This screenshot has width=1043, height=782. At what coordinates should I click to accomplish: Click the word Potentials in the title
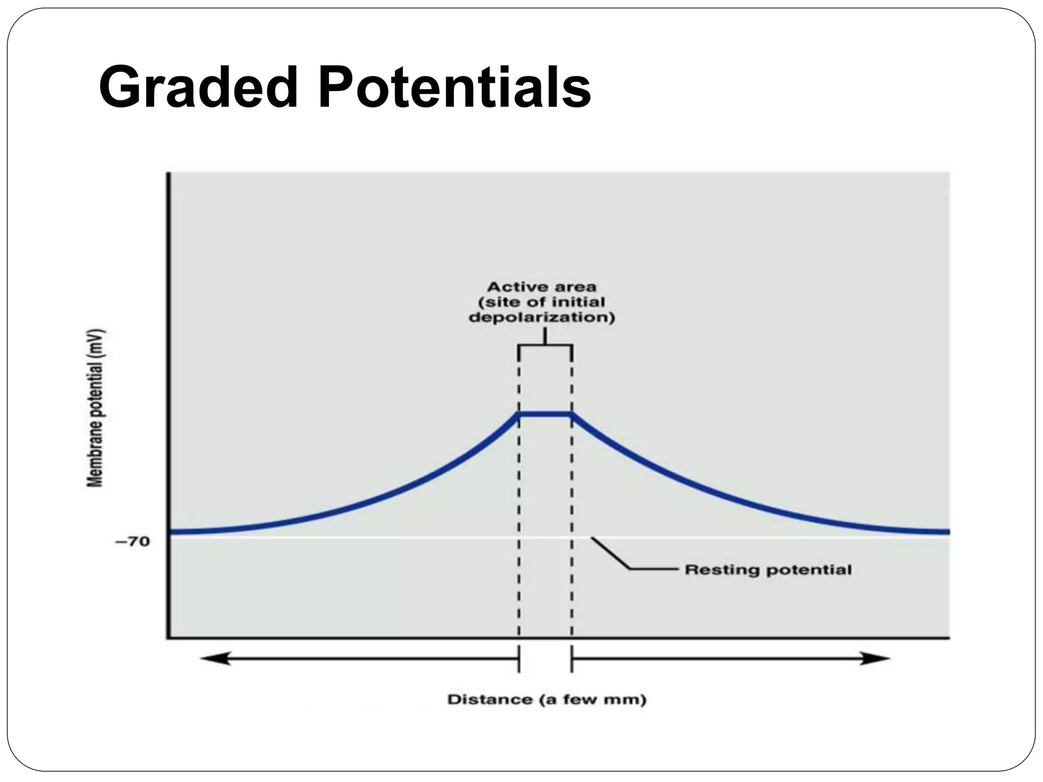pos(455,88)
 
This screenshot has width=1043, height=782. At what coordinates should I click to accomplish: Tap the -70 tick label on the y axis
pos(132,541)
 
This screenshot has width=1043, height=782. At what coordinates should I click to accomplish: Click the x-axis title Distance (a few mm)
pos(546,700)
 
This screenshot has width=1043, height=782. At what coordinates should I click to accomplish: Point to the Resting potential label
pos(768,569)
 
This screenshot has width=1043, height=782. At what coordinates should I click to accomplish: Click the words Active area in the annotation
pos(542,287)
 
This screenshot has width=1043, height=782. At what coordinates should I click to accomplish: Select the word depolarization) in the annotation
pos(542,318)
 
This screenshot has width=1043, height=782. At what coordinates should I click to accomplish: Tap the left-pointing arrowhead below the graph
pos(214,658)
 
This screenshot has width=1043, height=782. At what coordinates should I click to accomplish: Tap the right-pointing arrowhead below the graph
pos(877,658)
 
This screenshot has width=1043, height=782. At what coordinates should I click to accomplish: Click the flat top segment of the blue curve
pos(545,413)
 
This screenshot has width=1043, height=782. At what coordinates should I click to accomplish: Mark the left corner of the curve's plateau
pos(519,413)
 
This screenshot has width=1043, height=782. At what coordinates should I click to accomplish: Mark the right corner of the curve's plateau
pos(572,413)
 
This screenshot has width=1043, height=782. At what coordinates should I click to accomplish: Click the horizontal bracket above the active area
pos(545,346)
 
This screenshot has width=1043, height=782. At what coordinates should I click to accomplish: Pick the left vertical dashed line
pos(519,509)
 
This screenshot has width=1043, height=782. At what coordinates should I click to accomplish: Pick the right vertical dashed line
pos(572,509)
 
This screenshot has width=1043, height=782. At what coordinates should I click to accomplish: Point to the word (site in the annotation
pos(497,302)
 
